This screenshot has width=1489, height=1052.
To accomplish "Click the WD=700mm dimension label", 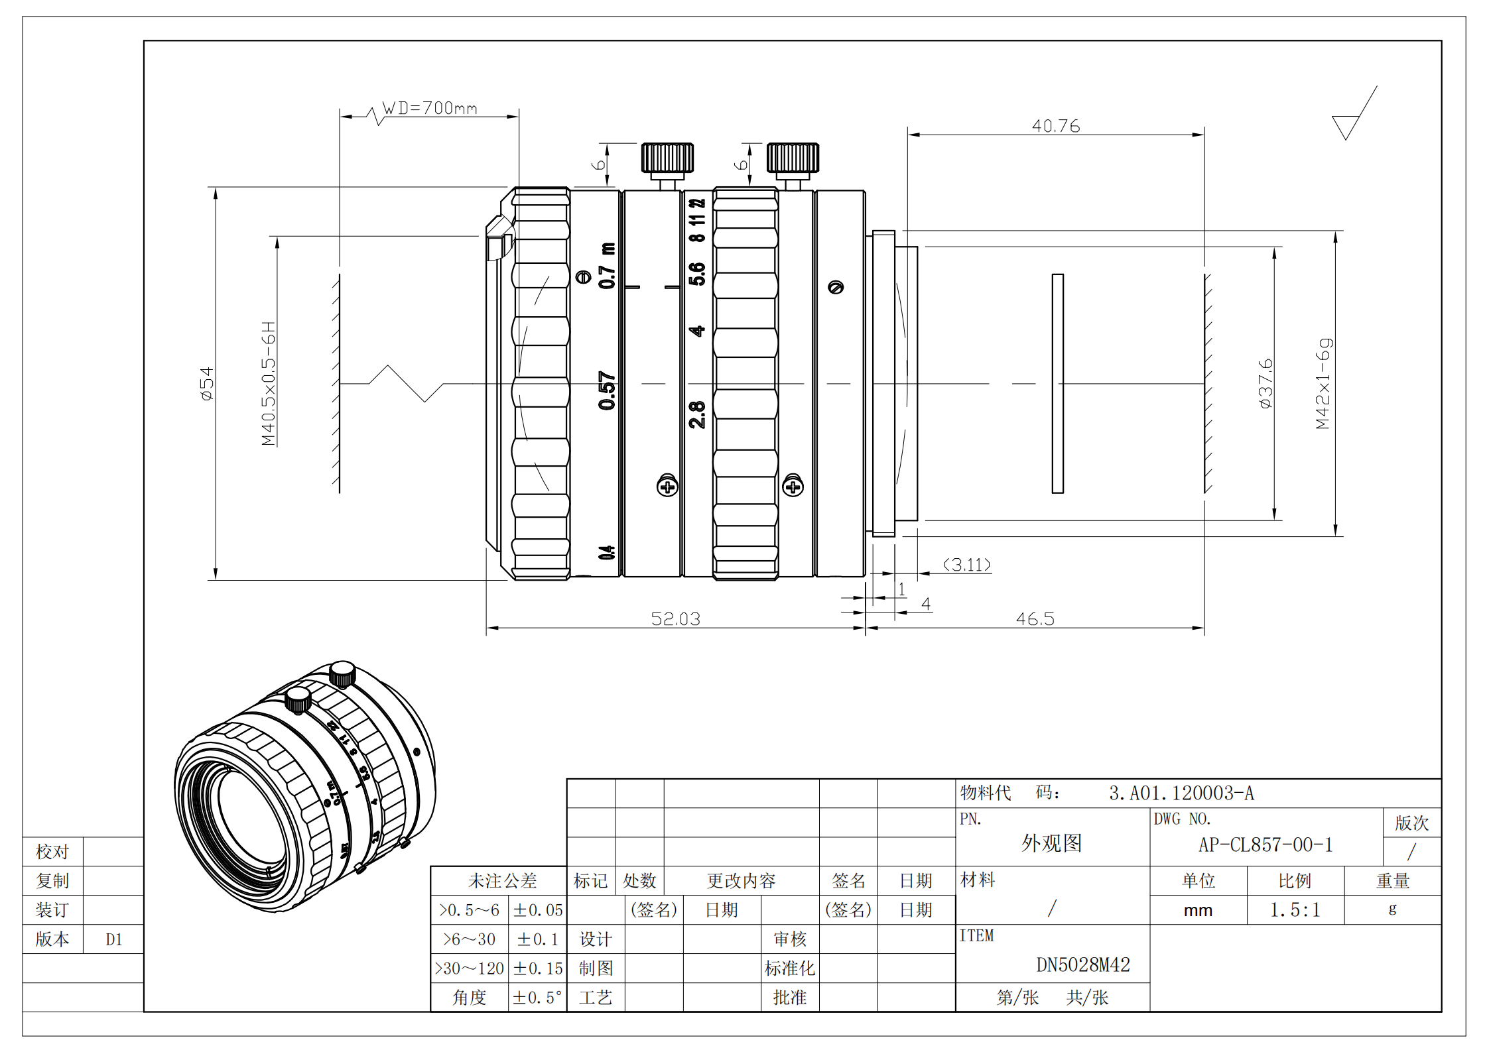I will coord(430,108).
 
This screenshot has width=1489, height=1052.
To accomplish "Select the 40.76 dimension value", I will coord(1055,126).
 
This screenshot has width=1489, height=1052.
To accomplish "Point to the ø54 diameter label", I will coord(207,384).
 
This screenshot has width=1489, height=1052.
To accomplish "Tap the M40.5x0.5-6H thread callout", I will coord(269,384).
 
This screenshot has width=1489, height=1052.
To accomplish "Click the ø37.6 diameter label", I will coord(1265,383).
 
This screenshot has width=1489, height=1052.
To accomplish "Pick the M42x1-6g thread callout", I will coord(1323,384).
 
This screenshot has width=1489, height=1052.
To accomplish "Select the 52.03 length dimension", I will coord(675,618).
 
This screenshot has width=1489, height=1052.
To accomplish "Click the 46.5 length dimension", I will coord(1035,618).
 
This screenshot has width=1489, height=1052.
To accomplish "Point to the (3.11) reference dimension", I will coord(967,565).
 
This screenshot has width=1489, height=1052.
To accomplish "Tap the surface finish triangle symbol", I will coord(1346,125).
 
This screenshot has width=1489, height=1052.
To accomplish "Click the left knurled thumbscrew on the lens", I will coord(667,159).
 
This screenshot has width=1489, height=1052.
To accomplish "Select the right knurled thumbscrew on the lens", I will coord(793,159).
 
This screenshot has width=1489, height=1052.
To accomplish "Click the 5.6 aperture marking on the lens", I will coord(697,274).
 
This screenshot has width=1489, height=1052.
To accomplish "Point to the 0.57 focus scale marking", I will coord(607,390).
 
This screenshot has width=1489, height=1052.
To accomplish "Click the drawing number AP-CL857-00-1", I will coord(1265,845).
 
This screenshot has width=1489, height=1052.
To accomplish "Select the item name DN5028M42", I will coord(1082,964).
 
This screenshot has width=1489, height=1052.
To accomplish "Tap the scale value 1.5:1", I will coord(1295,910).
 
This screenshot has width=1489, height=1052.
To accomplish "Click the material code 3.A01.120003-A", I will coord(1181,793).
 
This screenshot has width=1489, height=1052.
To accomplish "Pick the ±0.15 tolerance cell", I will coord(538,968).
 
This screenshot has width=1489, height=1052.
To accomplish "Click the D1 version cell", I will coord(113,939).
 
